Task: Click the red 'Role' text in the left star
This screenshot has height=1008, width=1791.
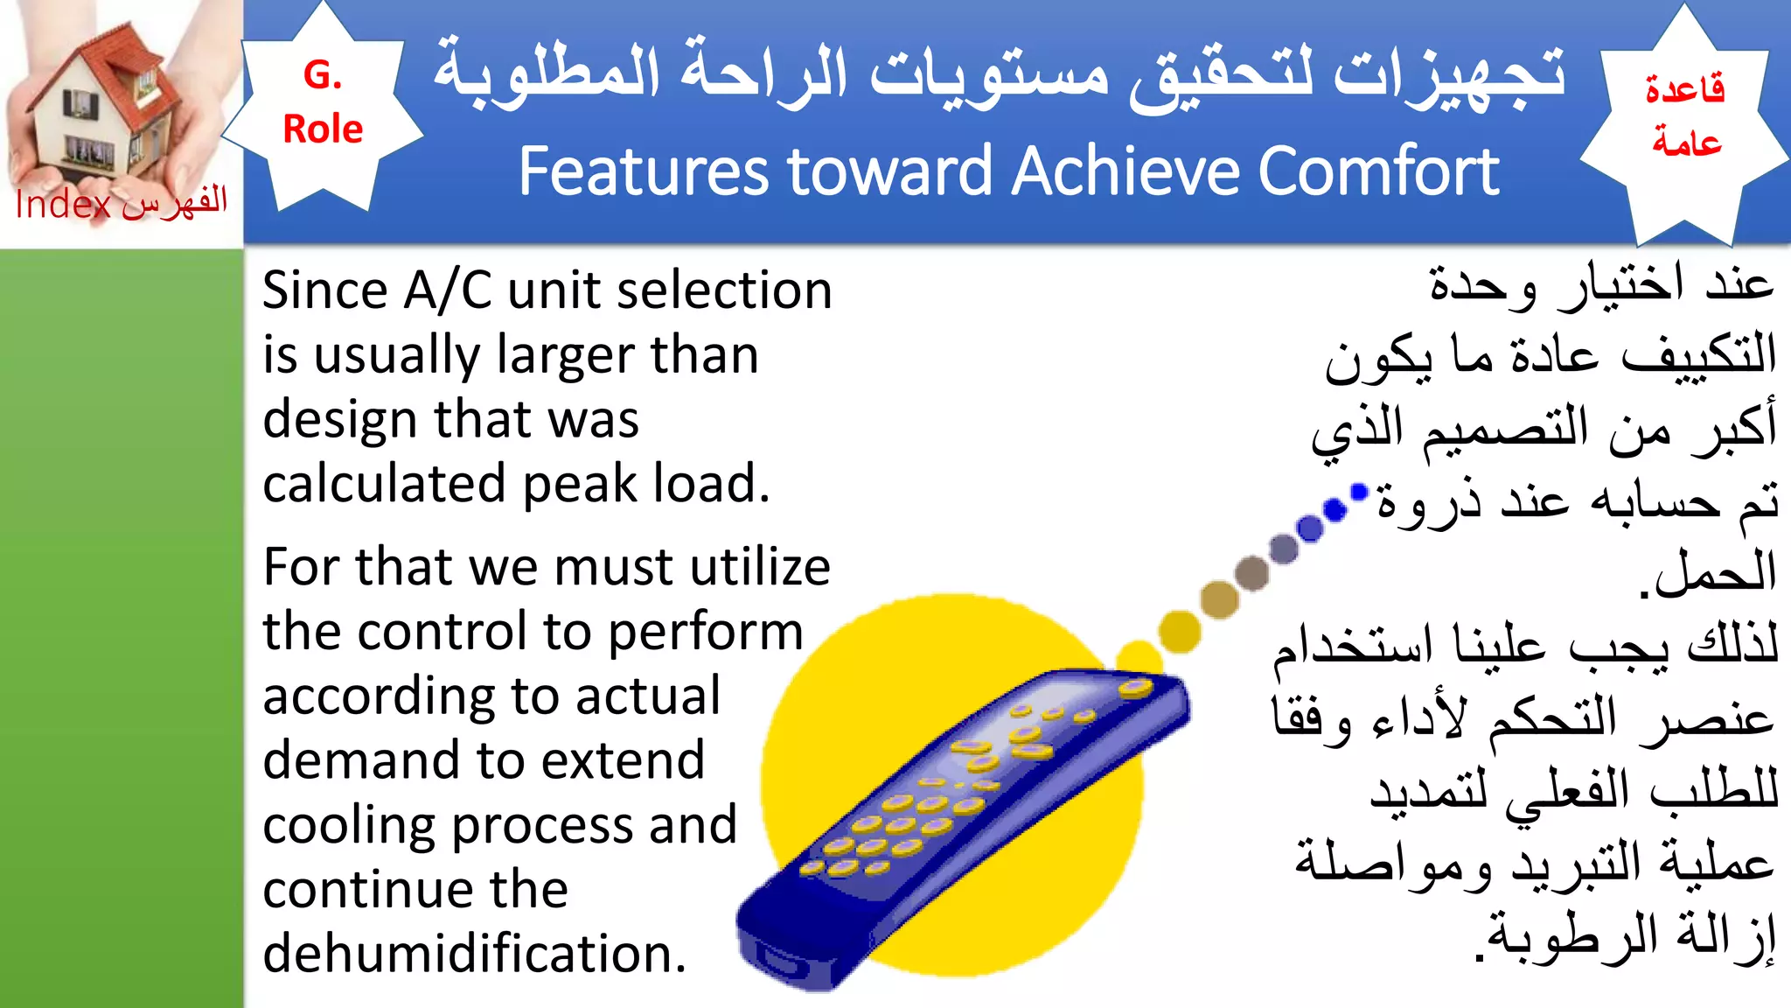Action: point(323,129)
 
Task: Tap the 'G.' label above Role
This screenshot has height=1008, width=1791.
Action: point(322,75)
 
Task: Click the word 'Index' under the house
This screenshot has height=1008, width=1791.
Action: point(63,206)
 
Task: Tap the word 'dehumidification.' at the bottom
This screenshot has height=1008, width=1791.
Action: point(474,953)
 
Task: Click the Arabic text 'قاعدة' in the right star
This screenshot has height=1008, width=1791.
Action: point(1684,89)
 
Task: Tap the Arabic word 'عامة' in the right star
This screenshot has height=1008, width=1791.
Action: point(1686,142)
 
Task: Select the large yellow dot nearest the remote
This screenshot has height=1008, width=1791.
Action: point(1180,632)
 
